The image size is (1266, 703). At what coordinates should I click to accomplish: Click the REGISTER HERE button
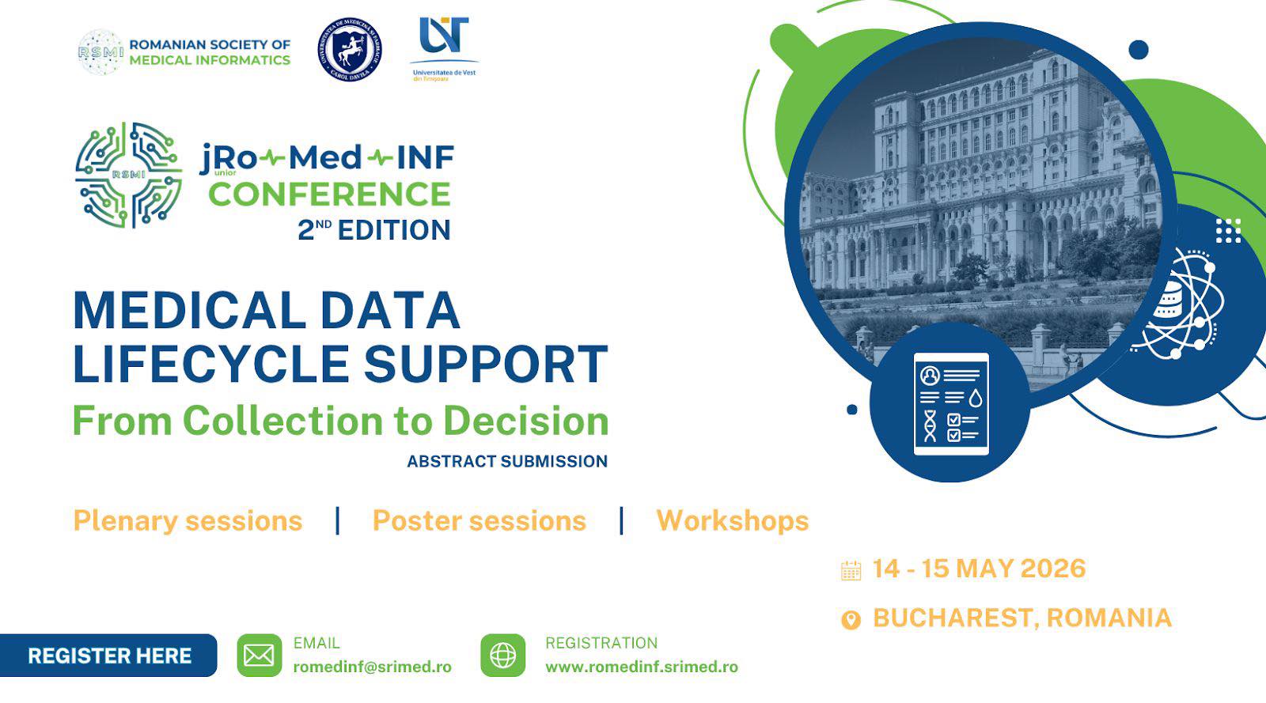point(109,656)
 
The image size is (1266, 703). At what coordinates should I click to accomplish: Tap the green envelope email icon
point(259,656)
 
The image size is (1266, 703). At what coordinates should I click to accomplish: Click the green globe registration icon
point(502,656)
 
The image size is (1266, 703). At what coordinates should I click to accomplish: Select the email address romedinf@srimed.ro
point(372,667)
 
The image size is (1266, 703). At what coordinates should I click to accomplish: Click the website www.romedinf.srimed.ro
point(641,667)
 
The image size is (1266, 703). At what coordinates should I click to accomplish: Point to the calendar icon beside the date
point(851,570)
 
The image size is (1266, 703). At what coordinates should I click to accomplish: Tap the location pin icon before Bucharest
point(851,619)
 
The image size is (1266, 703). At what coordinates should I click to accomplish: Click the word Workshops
point(732,520)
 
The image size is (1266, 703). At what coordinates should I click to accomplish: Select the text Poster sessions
point(479,520)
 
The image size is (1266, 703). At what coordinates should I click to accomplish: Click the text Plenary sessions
point(188,520)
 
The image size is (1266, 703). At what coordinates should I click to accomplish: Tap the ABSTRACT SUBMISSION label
point(507,461)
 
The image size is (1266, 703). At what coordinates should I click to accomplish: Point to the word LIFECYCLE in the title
point(210,364)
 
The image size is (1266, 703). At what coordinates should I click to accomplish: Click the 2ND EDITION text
point(373,230)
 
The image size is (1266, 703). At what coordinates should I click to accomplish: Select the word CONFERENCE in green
point(329,194)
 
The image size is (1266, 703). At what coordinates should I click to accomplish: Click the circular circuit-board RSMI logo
point(128,175)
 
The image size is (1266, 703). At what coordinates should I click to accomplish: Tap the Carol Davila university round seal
point(349,50)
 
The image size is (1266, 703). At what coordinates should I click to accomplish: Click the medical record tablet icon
point(950,404)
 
